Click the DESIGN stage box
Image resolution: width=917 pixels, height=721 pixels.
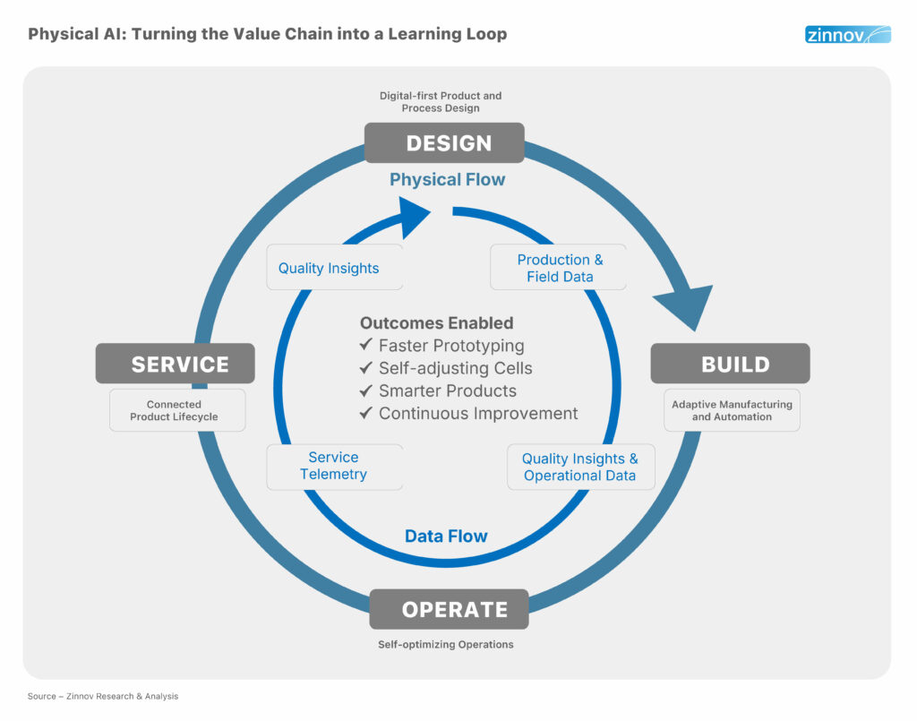tap(443, 143)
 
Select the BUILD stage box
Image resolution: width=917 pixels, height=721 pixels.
tap(730, 364)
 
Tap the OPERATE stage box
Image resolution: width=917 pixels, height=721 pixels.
tap(449, 609)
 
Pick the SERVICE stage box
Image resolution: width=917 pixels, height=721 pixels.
tap(176, 364)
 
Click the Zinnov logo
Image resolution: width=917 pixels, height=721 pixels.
tap(847, 35)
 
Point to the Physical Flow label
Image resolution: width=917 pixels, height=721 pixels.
tap(447, 180)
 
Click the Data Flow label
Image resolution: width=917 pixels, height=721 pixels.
tap(446, 536)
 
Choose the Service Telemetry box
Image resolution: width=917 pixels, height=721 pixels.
tap(334, 466)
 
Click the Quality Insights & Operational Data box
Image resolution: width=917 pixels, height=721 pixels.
tap(580, 467)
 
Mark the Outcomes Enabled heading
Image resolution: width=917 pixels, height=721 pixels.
tap(436, 323)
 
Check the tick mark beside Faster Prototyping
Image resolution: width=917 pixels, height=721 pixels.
tap(365, 346)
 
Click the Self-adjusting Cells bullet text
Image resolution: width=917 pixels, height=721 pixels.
tap(455, 368)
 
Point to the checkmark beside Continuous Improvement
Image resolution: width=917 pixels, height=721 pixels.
tap(365, 414)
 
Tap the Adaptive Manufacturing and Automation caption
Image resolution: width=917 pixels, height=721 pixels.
tap(732, 410)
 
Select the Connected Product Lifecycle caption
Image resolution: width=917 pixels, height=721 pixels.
tap(175, 410)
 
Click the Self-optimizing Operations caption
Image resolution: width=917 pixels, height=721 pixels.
tap(445, 644)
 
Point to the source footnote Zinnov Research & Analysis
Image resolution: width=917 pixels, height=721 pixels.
tap(103, 696)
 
